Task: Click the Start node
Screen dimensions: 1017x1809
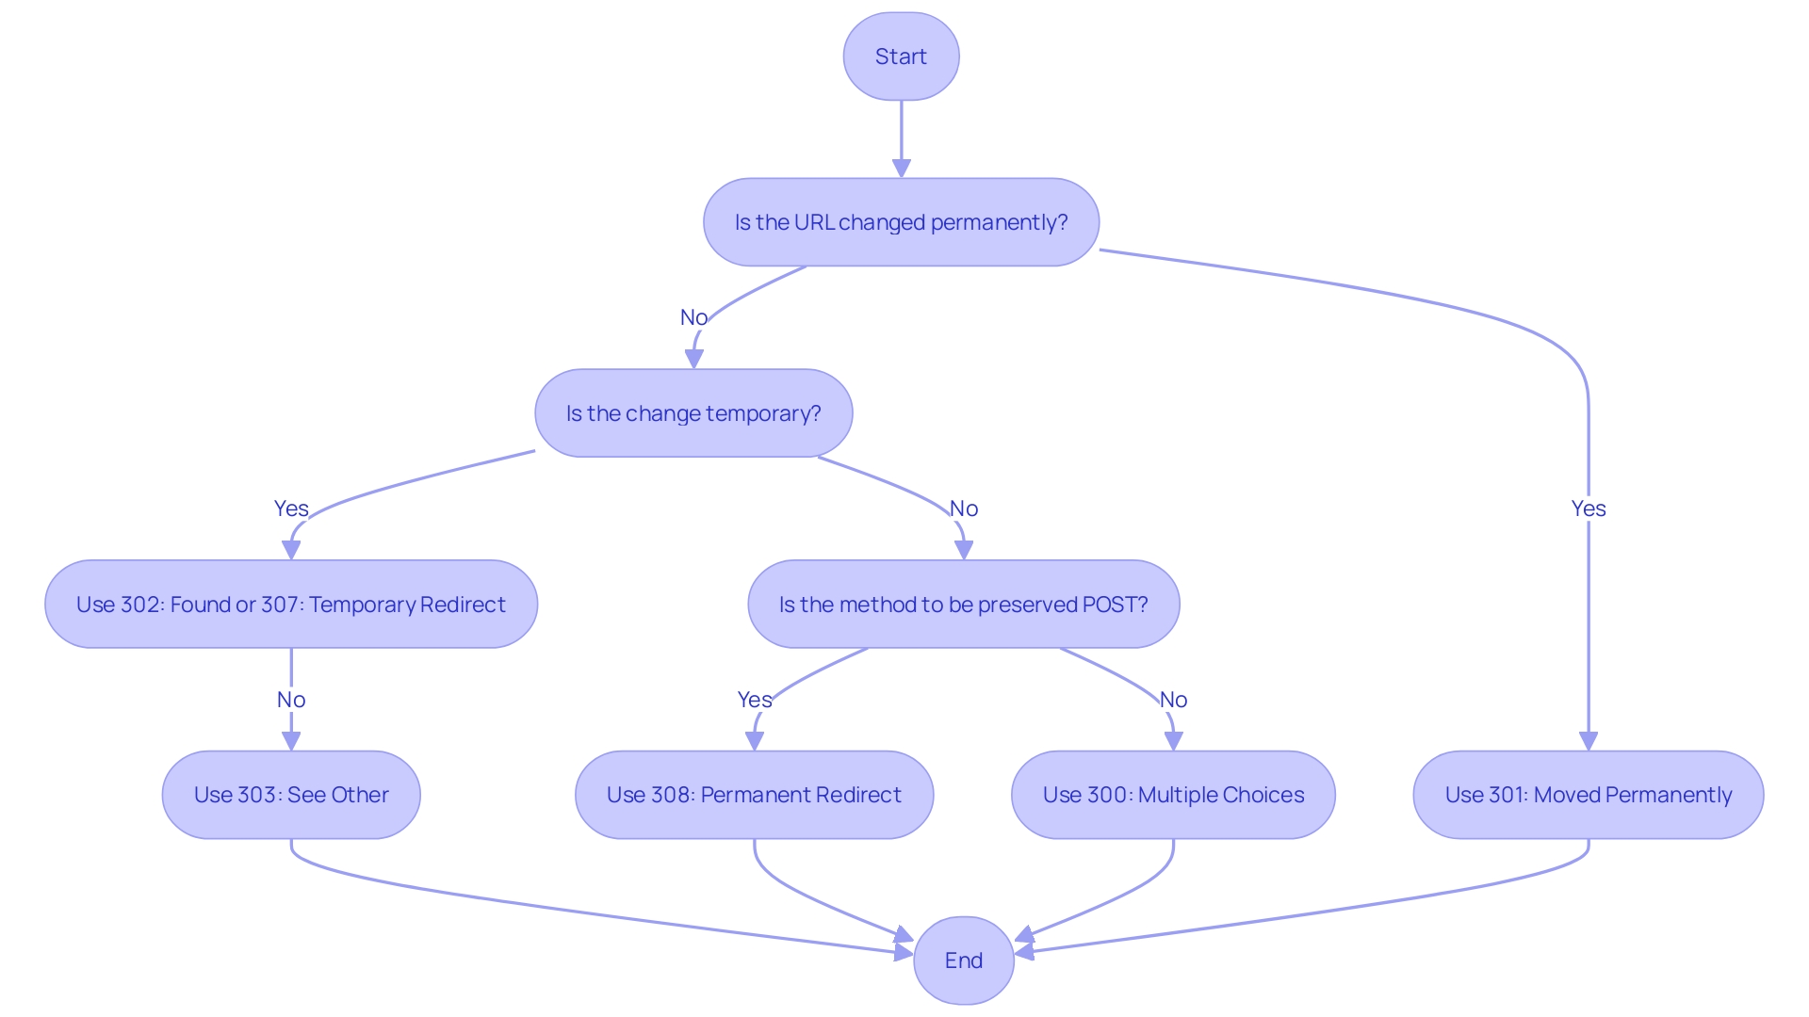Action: (x=901, y=56)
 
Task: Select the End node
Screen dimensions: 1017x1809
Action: (x=963, y=960)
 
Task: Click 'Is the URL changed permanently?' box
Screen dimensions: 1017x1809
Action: (x=901, y=222)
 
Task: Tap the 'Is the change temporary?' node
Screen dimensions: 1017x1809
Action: (x=693, y=413)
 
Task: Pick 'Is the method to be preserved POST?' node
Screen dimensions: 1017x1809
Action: (x=963, y=605)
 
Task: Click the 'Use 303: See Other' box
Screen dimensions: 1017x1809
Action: (x=291, y=795)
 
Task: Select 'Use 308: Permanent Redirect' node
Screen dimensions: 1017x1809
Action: (x=754, y=795)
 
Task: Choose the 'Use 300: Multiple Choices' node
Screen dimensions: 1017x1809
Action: (x=1173, y=795)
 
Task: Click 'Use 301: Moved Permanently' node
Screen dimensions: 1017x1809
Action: (x=1588, y=795)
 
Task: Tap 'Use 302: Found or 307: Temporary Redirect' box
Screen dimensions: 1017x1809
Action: (x=291, y=605)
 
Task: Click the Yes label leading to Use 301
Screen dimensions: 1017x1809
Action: (x=1588, y=508)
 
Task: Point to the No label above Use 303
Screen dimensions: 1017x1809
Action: (x=291, y=700)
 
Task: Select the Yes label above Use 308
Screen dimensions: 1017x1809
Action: (x=754, y=700)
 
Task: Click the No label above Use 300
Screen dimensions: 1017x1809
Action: (x=1173, y=700)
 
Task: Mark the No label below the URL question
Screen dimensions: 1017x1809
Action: (x=693, y=317)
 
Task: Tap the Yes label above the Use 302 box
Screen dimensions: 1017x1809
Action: (x=291, y=508)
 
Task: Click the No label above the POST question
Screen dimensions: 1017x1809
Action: (x=963, y=508)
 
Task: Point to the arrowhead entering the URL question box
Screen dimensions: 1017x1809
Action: (x=901, y=169)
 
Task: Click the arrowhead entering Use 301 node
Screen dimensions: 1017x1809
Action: (x=1588, y=741)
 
